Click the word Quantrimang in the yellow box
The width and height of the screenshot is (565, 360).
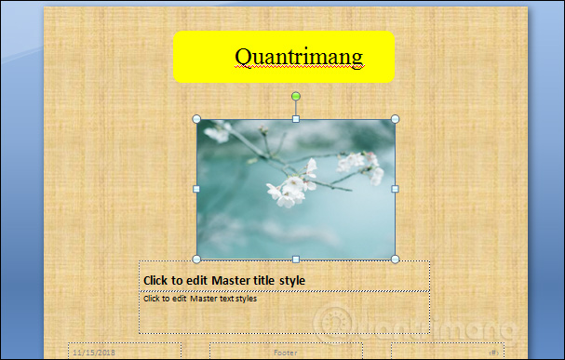pyautogui.click(x=298, y=57)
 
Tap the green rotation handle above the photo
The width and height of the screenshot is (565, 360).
pyautogui.click(x=296, y=96)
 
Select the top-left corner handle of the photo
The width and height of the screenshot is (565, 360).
pyautogui.click(x=196, y=119)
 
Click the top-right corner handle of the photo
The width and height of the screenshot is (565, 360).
pyautogui.click(x=395, y=119)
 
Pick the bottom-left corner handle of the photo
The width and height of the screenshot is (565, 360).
pyautogui.click(x=196, y=259)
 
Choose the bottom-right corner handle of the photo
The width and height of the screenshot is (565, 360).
pyautogui.click(x=395, y=259)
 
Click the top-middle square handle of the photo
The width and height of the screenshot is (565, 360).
pyautogui.click(x=296, y=119)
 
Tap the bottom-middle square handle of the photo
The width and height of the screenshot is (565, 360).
pyautogui.click(x=296, y=259)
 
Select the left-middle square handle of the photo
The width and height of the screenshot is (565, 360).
pyautogui.click(x=196, y=189)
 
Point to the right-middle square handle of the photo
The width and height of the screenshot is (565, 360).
pyautogui.click(x=395, y=189)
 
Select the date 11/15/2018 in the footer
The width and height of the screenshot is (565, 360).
pyautogui.click(x=93, y=353)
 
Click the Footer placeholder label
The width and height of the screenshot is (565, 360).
pyautogui.click(x=285, y=353)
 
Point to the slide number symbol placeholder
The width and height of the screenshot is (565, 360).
pyautogui.click(x=491, y=353)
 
